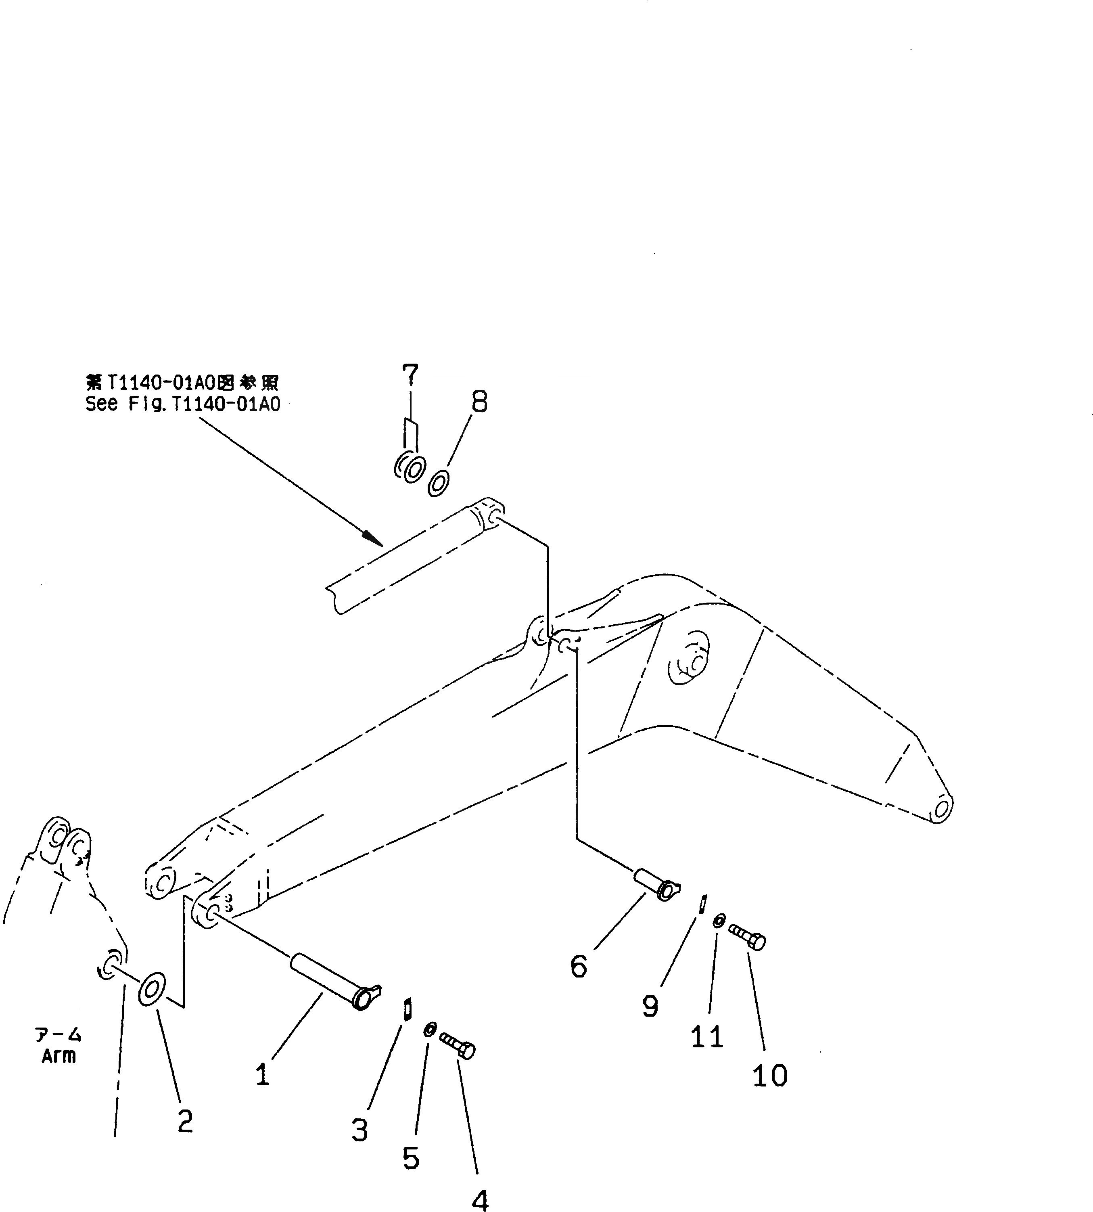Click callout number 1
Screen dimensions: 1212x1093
click(x=262, y=1074)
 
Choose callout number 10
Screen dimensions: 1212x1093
click(x=769, y=1075)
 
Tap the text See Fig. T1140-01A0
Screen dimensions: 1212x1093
click(x=182, y=404)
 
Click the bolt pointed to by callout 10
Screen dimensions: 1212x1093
click(x=748, y=938)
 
